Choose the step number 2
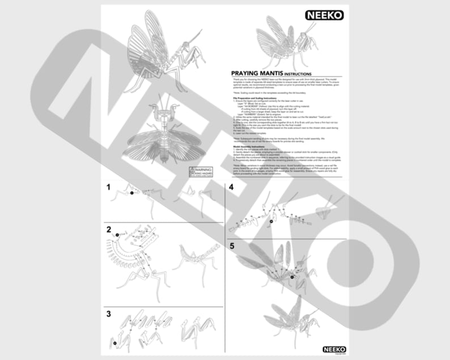pyautogui.click(x=108, y=230)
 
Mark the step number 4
pyautogui.click(x=231, y=187)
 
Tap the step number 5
pyautogui.click(x=231, y=245)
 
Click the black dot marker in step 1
pyautogui.click(x=131, y=193)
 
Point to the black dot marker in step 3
pyautogui.click(x=113, y=342)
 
